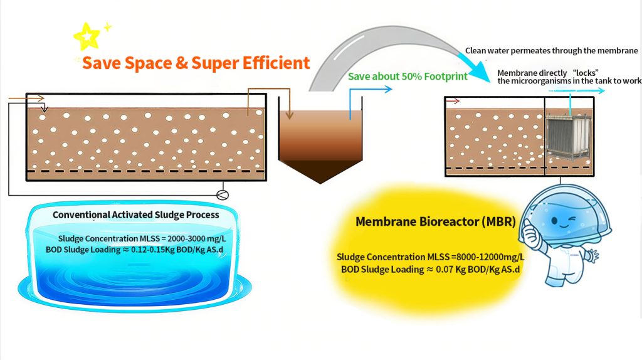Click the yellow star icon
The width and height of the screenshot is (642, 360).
[x=87, y=36]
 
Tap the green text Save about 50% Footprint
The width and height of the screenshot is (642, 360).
[x=408, y=77]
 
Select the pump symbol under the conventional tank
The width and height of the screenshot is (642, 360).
[x=223, y=195]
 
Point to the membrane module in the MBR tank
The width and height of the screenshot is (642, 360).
[x=569, y=137]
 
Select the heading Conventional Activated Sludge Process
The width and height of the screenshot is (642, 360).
[x=135, y=215]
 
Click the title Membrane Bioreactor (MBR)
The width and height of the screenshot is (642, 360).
[x=435, y=221]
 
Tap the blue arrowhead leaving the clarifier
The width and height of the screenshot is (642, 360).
[x=387, y=89]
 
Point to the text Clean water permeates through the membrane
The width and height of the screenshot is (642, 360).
[x=552, y=51]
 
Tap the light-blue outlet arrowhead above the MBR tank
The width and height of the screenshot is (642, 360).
[x=600, y=91]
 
